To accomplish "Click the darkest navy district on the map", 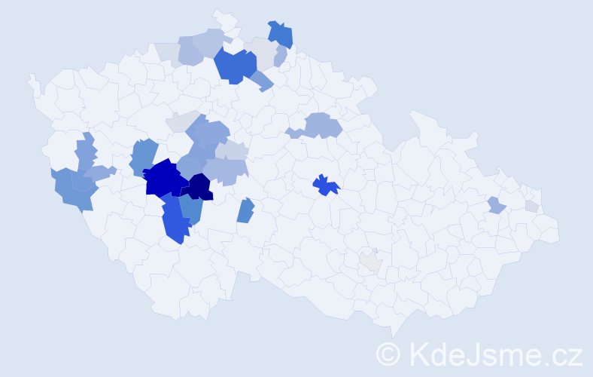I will tap(200, 186).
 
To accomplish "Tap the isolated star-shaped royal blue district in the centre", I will tap(326, 185).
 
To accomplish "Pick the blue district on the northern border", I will tap(281, 34).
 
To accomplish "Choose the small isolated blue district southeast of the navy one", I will tap(245, 210).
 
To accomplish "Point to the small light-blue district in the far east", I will tap(495, 205).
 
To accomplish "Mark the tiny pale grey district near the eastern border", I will tap(532, 206).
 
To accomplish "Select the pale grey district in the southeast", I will tap(370, 262).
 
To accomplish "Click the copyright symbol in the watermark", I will tap(389, 354).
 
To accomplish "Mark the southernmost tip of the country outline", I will tap(393, 336).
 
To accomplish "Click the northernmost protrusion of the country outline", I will tap(219, 13).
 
